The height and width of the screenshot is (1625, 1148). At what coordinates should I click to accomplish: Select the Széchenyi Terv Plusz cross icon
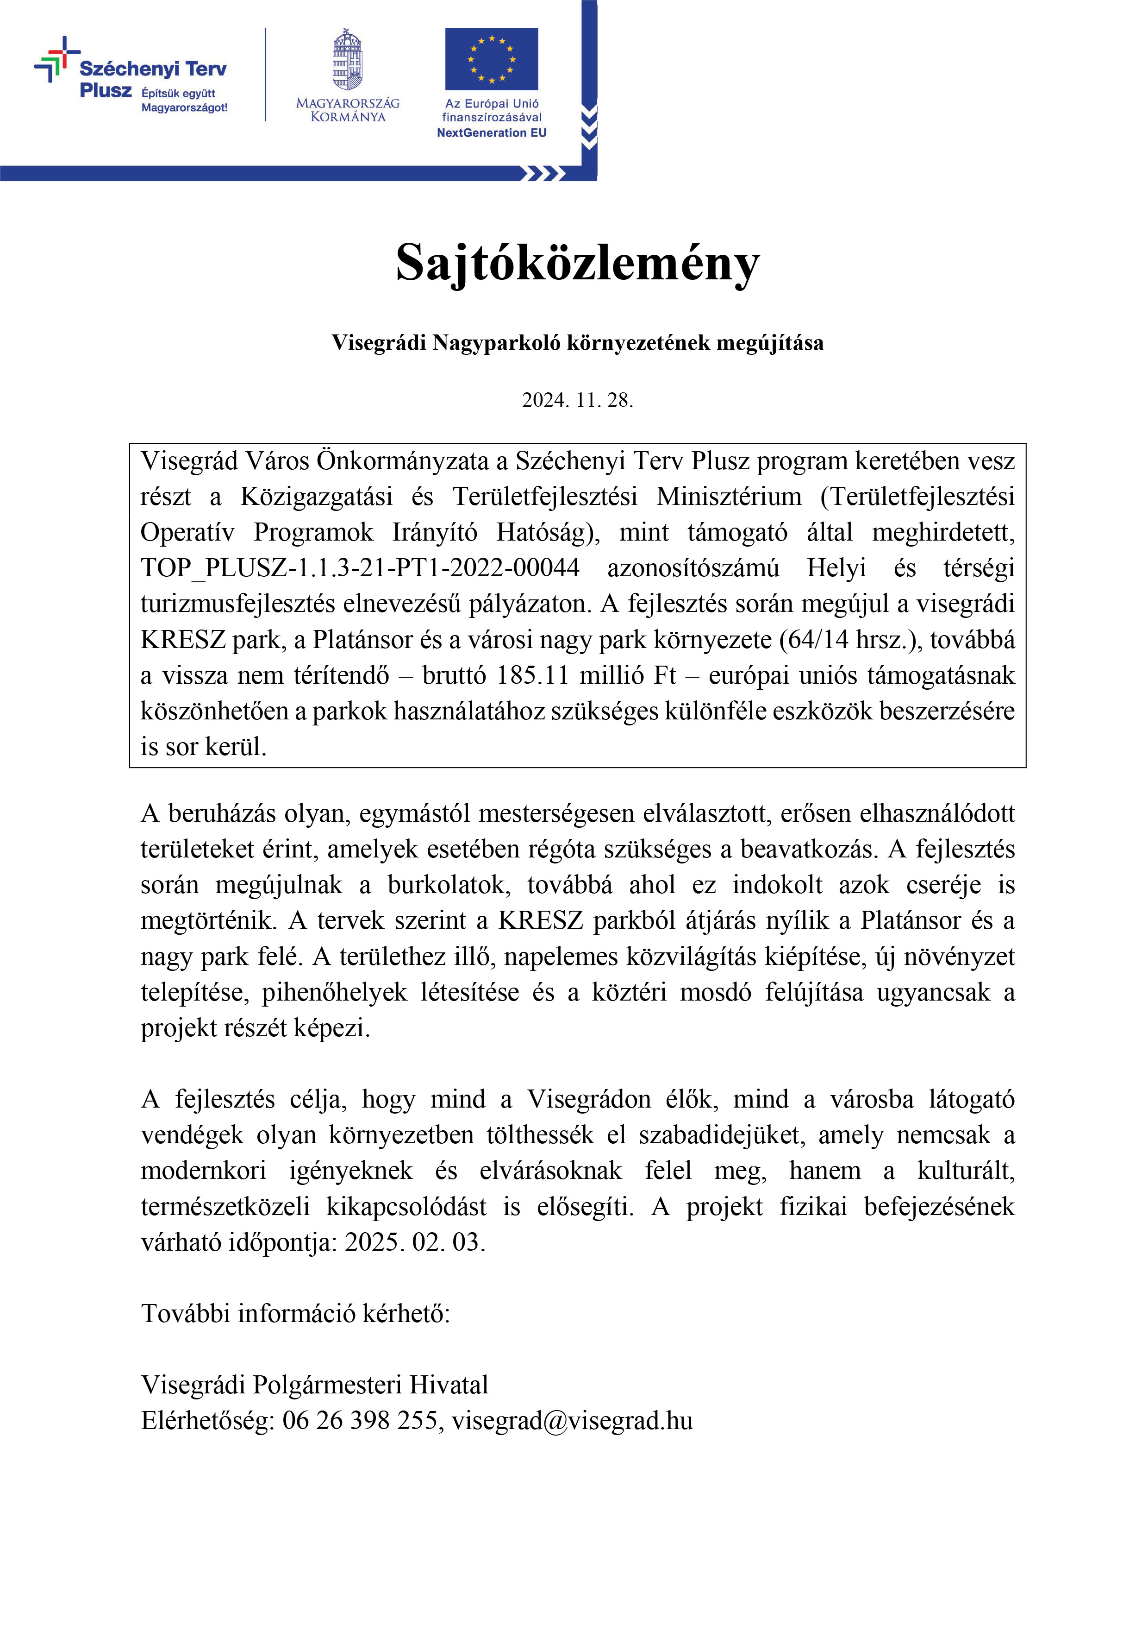click(56, 59)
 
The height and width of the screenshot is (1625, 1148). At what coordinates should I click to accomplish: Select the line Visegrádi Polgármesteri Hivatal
click(315, 1385)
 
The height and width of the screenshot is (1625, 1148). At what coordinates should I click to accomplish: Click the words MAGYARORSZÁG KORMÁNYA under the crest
click(347, 110)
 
